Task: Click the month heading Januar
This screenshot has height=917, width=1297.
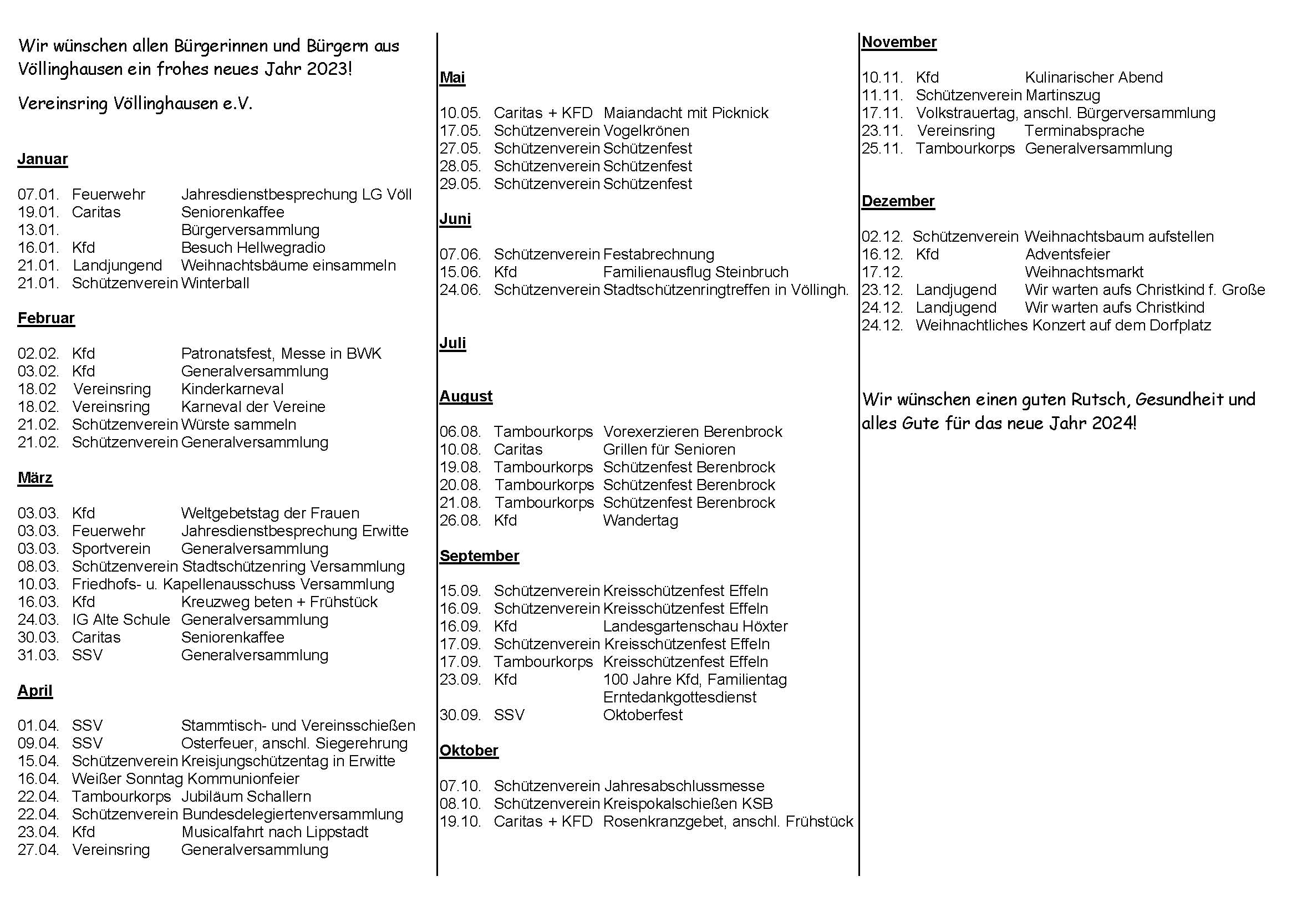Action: coord(42,159)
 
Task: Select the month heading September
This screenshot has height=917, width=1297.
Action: coord(479,556)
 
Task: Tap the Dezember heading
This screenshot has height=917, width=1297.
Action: coord(898,201)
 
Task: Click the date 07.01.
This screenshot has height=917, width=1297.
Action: coord(38,195)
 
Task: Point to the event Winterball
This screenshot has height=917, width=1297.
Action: coord(215,283)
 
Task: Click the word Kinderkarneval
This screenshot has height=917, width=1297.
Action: coord(232,389)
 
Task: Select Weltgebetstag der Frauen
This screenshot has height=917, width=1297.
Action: coord(270,513)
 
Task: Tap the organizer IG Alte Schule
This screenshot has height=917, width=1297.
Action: coord(121,620)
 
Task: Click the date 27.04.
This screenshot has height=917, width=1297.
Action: coord(38,850)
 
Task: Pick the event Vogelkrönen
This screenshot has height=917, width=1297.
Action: coord(646,131)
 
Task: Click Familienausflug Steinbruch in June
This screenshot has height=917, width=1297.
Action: coord(695,272)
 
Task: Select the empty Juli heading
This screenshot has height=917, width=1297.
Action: coord(452,343)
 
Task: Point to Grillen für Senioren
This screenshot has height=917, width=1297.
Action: coord(669,450)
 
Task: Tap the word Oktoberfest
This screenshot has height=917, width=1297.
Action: coord(643,715)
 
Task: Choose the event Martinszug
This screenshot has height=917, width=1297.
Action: coord(1062,95)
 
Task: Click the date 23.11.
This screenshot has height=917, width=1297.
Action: coord(882,131)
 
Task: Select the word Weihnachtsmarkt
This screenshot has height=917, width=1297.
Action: coord(1084,272)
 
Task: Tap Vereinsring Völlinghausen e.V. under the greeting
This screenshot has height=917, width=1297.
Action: coord(135,104)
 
